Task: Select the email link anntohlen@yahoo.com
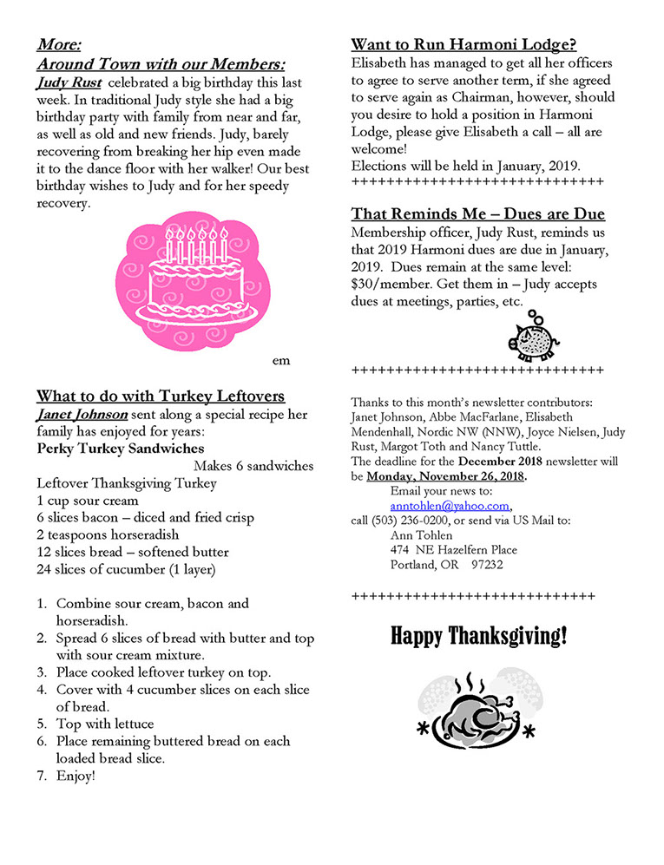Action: pos(450,507)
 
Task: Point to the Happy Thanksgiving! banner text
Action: pos(478,637)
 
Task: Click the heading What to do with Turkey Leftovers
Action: pos(161,396)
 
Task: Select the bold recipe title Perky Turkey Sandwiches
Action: pos(121,449)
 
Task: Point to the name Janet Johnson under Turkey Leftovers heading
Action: pos(82,415)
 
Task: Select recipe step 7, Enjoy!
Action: pos(76,776)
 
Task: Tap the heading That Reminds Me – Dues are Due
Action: pos(477,214)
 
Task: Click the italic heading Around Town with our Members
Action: pos(161,64)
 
